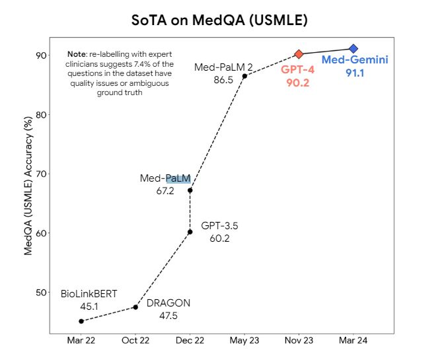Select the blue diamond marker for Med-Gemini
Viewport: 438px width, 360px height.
point(353,49)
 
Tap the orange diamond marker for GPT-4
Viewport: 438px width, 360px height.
point(299,54)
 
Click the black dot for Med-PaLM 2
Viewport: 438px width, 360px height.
point(244,76)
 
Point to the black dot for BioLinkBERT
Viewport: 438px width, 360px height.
point(81,321)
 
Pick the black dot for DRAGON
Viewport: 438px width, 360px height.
point(135,307)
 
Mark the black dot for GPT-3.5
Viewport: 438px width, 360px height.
point(190,232)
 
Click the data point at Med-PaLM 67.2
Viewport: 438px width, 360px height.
point(190,190)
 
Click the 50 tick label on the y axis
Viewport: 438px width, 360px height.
point(40,293)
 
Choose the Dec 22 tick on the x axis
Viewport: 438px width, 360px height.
point(190,342)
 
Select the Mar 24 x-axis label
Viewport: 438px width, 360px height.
point(353,342)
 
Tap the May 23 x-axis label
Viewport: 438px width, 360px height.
point(244,342)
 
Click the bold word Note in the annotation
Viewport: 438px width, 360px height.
point(77,54)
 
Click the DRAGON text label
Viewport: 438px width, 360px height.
point(168,303)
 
